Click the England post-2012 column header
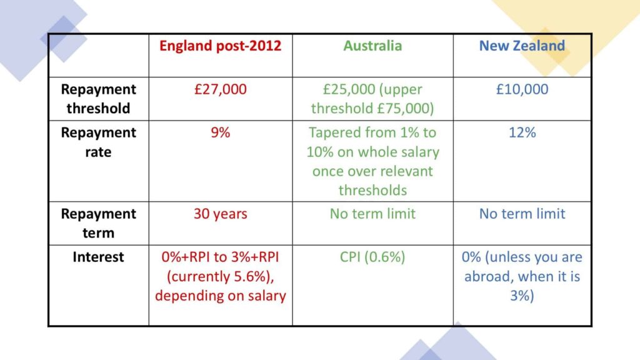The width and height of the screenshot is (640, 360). pyautogui.click(x=221, y=46)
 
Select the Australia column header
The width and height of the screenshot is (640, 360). pyautogui.click(x=372, y=46)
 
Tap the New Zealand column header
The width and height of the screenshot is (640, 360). pyautogui.click(x=522, y=46)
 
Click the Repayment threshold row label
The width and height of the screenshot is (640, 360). pyautogui.click(x=98, y=99)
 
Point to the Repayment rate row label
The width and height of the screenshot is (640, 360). pyautogui.click(x=98, y=142)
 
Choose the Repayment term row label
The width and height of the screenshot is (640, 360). pyautogui.click(x=98, y=223)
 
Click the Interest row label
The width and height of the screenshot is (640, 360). pyautogui.click(x=98, y=257)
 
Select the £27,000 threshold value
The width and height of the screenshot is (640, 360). pyautogui.click(x=221, y=89)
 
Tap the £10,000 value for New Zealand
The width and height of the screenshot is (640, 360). pyautogui.click(x=522, y=89)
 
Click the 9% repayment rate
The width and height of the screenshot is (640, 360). pyautogui.click(x=221, y=132)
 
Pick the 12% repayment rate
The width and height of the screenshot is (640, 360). pyautogui.click(x=522, y=132)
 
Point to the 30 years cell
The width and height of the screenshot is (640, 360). pyautogui.click(x=221, y=214)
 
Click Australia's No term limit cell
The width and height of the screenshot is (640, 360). pyautogui.click(x=372, y=214)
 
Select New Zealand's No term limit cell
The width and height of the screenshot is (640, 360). pyautogui.click(x=522, y=214)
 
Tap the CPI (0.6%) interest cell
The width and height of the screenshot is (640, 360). pyautogui.click(x=372, y=257)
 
